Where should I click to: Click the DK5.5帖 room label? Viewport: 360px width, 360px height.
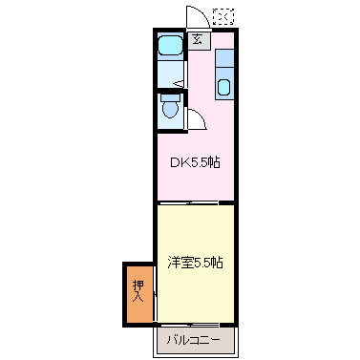(x=195, y=162)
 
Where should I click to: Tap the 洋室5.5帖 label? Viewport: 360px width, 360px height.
(x=196, y=262)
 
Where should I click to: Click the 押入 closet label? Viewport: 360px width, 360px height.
(x=138, y=291)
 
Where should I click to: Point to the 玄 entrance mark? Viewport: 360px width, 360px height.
(x=196, y=39)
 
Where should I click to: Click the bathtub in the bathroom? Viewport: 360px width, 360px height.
(x=170, y=45)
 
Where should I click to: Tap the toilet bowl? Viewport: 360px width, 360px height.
(x=170, y=111)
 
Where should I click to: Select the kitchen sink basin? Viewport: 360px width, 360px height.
(x=224, y=89)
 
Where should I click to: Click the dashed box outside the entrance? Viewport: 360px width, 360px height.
(x=222, y=16)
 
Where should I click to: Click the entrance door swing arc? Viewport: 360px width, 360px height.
(x=194, y=16)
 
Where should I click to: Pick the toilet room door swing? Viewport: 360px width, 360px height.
(x=197, y=117)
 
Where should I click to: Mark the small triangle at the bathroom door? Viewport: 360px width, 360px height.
(x=178, y=83)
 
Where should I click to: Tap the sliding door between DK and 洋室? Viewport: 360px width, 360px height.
(x=195, y=202)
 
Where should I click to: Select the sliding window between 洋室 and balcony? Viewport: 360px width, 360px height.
(x=195, y=325)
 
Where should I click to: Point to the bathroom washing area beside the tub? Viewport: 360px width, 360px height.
(x=169, y=72)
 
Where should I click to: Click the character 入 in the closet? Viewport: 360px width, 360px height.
(x=138, y=298)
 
